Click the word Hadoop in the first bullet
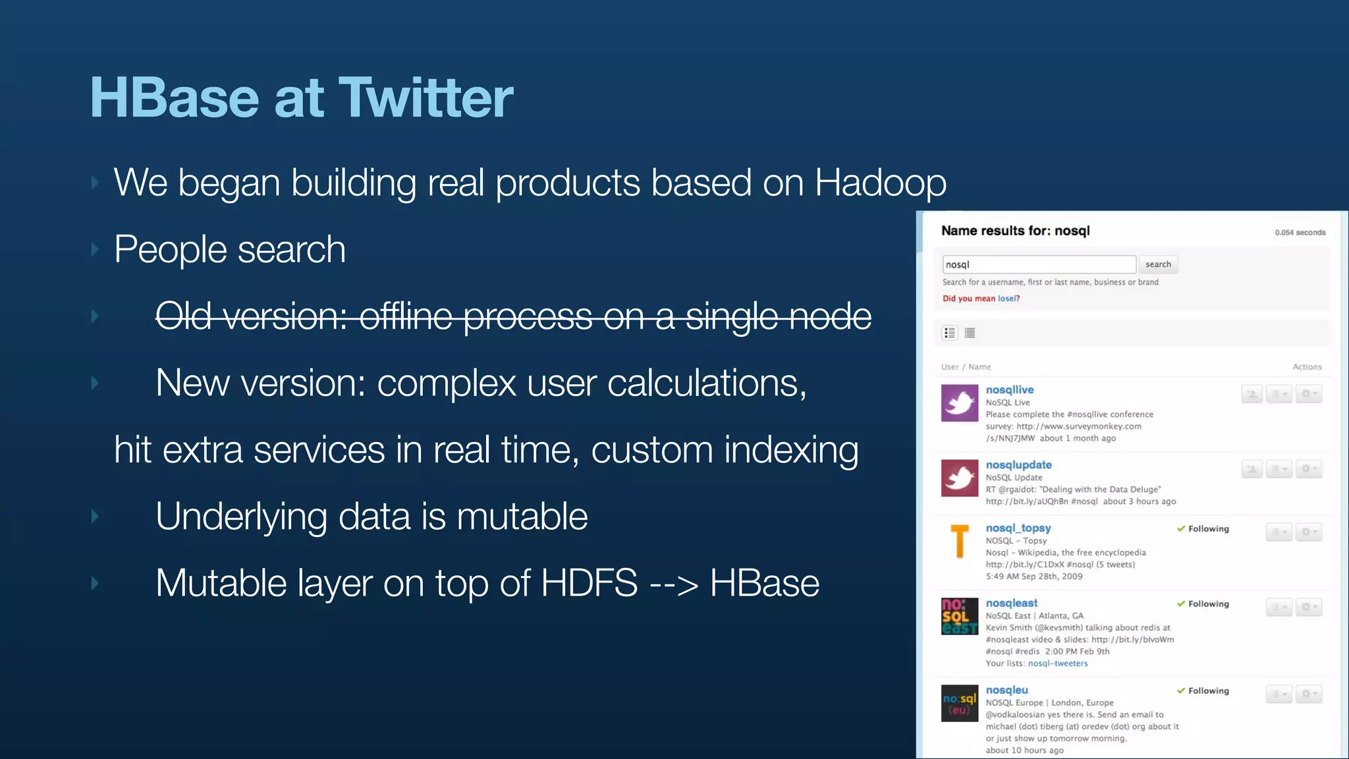tap(880, 183)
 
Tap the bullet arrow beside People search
tap(95, 250)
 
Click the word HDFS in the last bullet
tap(589, 583)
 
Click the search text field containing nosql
tap(1038, 264)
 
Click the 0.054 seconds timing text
tap(1300, 233)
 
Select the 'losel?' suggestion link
tap(1008, 298)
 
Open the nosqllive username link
tap(1009, 390)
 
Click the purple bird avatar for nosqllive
tap(959, 403)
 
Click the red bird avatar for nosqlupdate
tap(959, 478)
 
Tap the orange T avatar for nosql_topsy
tap(959, 541)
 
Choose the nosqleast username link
tap(1011, 604)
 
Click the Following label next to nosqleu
tap(1207, 690)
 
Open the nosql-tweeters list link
tap(1057, 663)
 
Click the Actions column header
tap(1307, 367)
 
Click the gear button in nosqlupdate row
tap(1308, 469)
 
